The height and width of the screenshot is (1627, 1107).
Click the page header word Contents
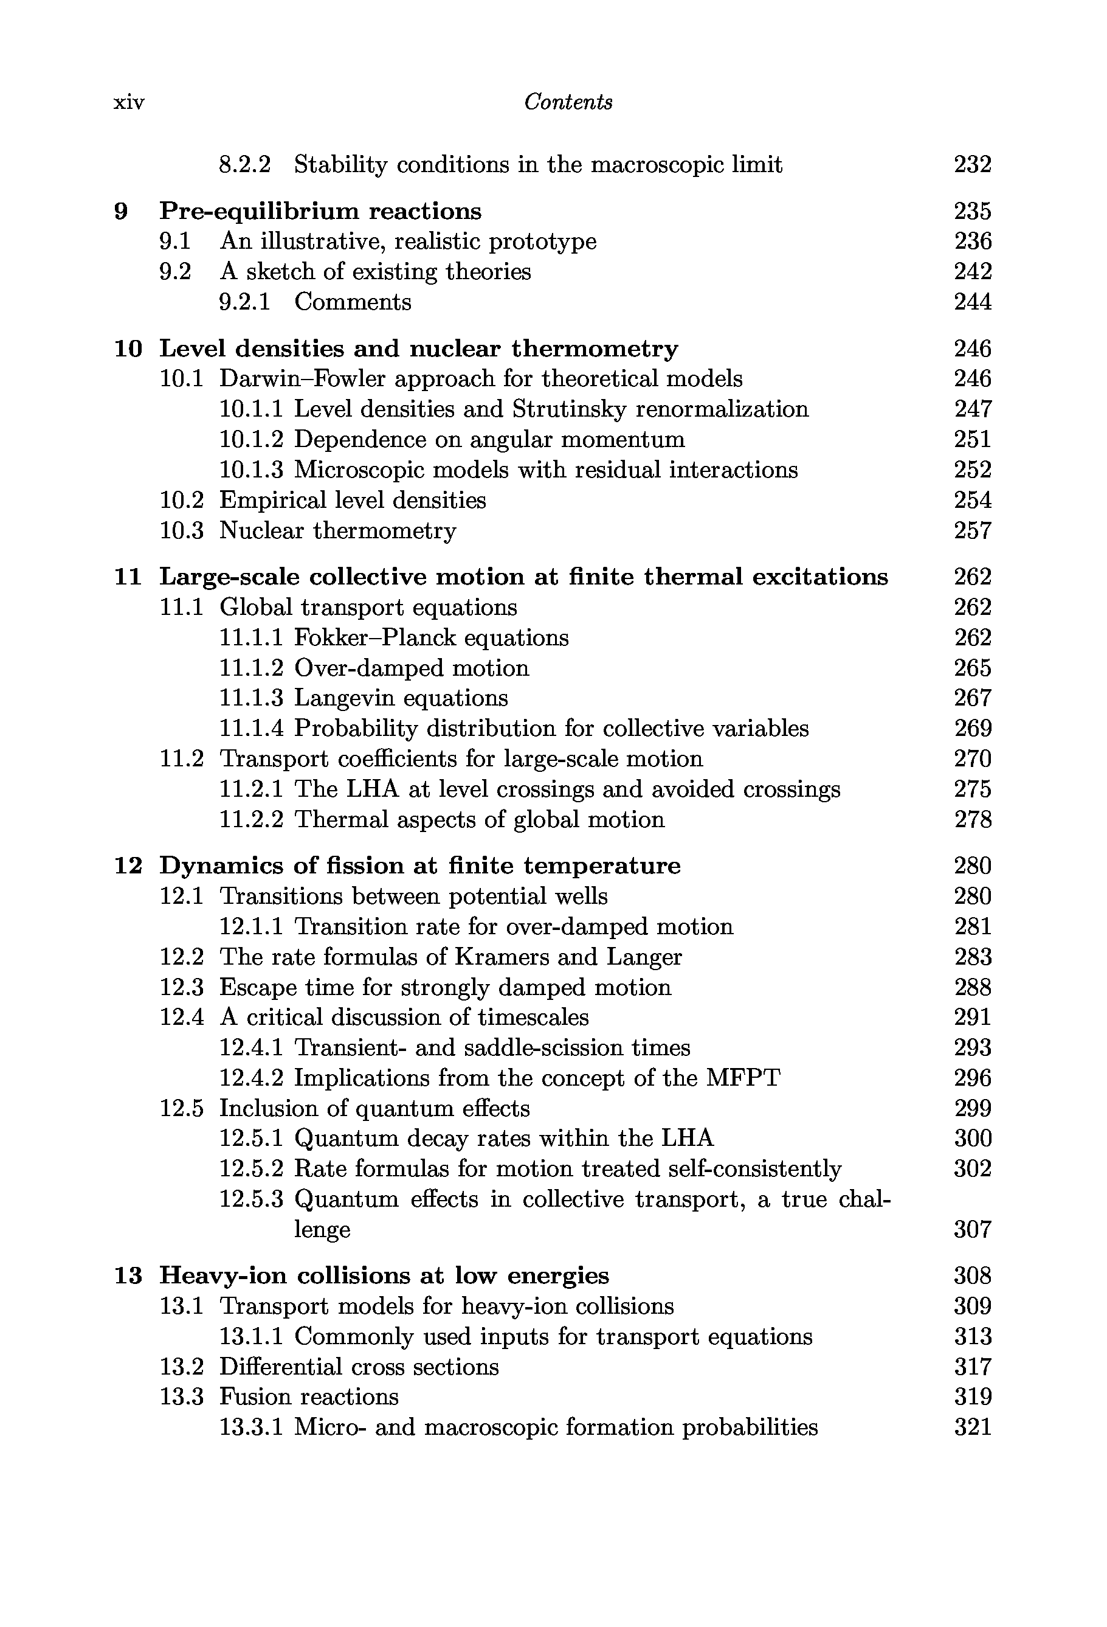(568, 102)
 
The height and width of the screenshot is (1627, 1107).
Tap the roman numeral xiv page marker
(129, 103)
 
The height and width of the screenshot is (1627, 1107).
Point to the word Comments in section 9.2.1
(353, 302)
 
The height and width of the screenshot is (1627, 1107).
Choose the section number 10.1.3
(251, 470)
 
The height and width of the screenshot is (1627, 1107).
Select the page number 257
(973, 530)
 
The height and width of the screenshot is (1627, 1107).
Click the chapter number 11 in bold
(128, 577)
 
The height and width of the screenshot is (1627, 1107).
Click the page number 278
(973, 820)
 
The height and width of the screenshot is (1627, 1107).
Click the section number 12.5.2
(251, 1168)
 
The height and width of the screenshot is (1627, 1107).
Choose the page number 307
(973, 1229)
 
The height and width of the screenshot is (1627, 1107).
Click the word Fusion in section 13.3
(254, 1396)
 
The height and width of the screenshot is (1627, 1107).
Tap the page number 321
(973, 1427)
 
